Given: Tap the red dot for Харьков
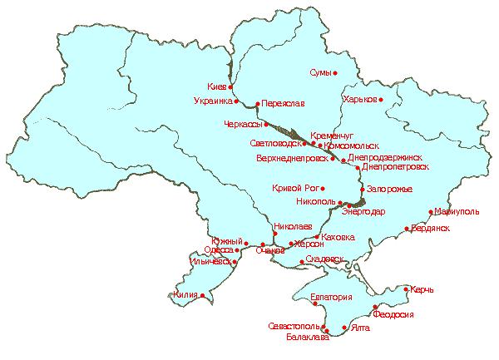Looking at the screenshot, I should tap(382, 101).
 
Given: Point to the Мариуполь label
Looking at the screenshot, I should tap(457, 212).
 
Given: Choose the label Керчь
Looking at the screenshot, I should tap(422, 290).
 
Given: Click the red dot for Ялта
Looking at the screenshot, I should tap(344, 328).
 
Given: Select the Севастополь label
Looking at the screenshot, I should tap(293, 326).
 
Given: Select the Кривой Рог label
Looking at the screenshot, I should tap(297, 189).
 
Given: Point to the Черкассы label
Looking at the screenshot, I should tap(244, 125).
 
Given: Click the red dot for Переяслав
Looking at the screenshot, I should tap(257, 104).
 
